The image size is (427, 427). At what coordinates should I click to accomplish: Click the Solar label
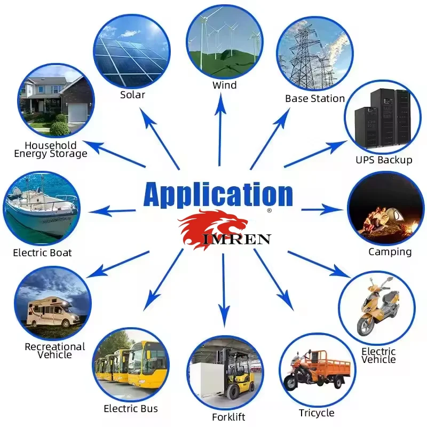[132, 95]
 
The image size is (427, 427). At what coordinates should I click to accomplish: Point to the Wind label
[224, 85]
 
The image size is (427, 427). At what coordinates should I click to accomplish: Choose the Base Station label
[315, 98]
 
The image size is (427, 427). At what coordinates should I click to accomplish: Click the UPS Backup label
[384, 160]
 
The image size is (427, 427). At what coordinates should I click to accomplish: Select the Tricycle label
[317, 413]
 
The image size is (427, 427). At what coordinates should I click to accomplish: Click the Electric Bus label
[131, 408]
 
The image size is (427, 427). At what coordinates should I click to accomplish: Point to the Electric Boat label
[42, 252]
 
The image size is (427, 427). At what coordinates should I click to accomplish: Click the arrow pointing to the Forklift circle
[224, 288]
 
